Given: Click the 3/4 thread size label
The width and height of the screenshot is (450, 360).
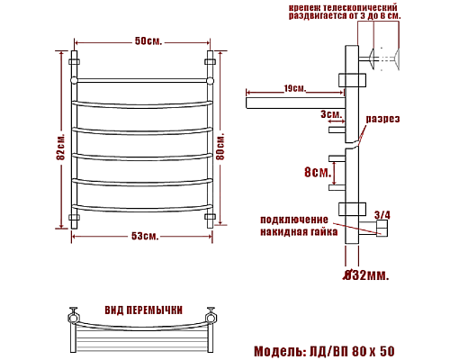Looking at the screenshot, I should click(382, 214).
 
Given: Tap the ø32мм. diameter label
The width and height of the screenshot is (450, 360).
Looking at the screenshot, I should click(367, 274).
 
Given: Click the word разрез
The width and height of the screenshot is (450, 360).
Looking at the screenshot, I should click(382, 119).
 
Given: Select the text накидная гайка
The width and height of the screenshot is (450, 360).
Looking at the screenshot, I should click(299, 231).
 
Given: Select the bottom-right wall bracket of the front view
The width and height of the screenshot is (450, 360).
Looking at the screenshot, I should click(213, 218).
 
